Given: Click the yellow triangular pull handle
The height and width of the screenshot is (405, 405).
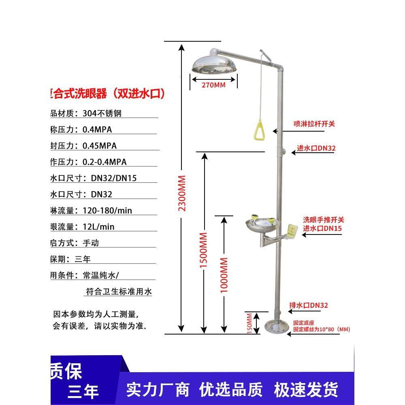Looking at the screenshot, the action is [258, 129].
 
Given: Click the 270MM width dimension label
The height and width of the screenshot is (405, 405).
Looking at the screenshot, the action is [213, 85].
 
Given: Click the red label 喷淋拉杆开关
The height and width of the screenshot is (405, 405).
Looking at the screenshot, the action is [314, 124].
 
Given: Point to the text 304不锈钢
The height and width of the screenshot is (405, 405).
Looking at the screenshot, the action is [102, 113].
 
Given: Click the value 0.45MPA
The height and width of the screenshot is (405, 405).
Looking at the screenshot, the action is [100, 146].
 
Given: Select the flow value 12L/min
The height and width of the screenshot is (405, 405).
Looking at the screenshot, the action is [98, 227].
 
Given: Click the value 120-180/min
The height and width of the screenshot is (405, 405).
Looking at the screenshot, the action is [107, 211].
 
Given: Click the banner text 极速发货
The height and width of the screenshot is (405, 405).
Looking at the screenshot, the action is [307, 390].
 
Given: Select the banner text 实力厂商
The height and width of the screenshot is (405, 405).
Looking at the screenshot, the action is [158, 390].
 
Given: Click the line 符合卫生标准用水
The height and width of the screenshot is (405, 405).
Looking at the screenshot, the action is [119, 291].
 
